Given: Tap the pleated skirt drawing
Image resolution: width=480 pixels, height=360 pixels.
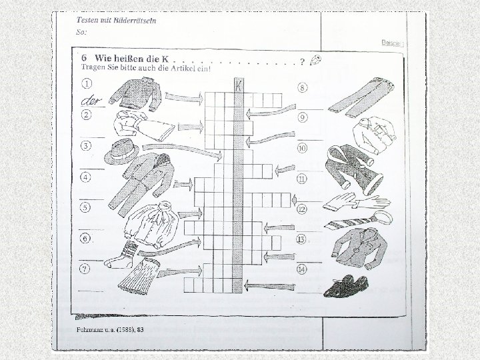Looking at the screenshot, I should coord(140,275).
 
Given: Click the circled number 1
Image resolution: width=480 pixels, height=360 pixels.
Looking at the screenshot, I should coord(87,84).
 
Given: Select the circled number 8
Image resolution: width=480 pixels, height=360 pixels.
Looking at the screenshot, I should coord(303,87).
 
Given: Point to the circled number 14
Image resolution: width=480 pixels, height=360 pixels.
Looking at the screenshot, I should coord(303,269).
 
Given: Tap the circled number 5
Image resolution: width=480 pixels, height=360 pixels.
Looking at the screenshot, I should coord(86,207).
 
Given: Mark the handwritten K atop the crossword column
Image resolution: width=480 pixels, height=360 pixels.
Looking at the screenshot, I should coord(238,85).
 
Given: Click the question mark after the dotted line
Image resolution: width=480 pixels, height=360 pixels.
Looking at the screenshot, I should coord(303,62).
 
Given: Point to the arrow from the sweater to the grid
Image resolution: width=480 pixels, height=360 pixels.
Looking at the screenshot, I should coord(183,98).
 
